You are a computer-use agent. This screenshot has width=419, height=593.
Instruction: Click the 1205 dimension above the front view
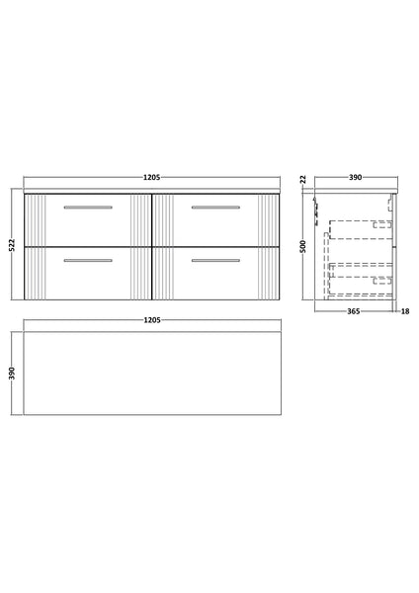(x=151, y=178)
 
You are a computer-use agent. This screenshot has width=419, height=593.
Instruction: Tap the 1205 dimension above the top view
(x=151, y=321)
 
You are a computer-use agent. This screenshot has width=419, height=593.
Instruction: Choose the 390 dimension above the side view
(x=355, y=178)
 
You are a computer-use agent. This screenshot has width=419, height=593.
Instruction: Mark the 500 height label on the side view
(x=306, y=246)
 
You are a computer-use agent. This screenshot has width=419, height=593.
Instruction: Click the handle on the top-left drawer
(x=88, y=208)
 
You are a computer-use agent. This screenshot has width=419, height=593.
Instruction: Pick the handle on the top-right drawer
(x=214, y=208)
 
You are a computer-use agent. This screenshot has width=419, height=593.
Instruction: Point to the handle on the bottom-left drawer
(x=88, y=260)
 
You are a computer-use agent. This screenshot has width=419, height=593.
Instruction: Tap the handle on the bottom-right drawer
(x=214, y=260)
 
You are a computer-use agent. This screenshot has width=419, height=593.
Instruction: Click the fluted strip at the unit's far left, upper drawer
(x=36, y=218)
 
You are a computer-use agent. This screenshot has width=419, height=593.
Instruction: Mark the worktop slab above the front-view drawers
(x=151, y=190)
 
